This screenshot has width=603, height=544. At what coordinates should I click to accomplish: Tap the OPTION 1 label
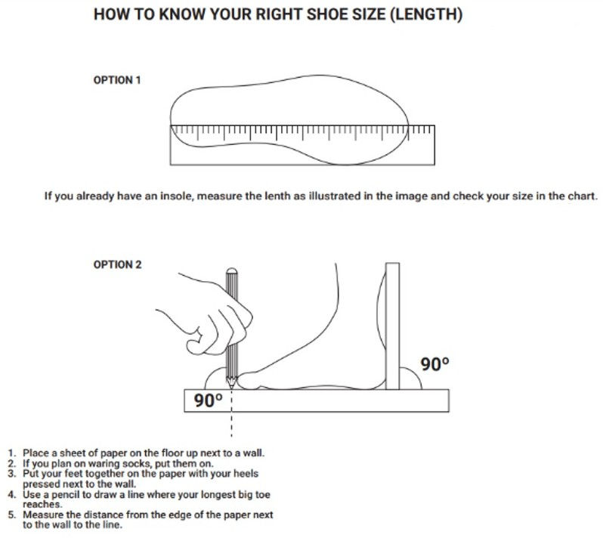pyautogui.click(x=117, y=80)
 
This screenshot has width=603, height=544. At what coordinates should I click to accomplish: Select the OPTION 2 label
pyautogui.click(x=117, y=264)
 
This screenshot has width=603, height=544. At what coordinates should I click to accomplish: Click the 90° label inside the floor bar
pyautogui.click(x=208, y=400)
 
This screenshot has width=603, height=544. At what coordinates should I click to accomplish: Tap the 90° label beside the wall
pyautogui.click(x=434, y=364)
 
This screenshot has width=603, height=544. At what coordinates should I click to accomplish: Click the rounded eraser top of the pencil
pyautogui.click(x=231, y=270)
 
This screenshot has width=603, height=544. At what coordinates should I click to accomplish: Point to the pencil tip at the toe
pyautogui.click(x=231, y=385)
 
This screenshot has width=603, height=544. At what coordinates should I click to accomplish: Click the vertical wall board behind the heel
pyautogui.click(x=392, y=326)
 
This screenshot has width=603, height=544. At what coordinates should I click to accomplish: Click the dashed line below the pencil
pyautogui.click(x=231, y=414)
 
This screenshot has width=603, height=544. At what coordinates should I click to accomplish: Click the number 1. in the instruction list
pyautogui.click(x=13, y=453)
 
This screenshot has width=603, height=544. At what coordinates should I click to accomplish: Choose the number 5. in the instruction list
pyautogui.click(x=12, y=515)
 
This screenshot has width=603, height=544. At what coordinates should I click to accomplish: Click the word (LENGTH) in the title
pyautogui.click(x=426, y=14)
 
